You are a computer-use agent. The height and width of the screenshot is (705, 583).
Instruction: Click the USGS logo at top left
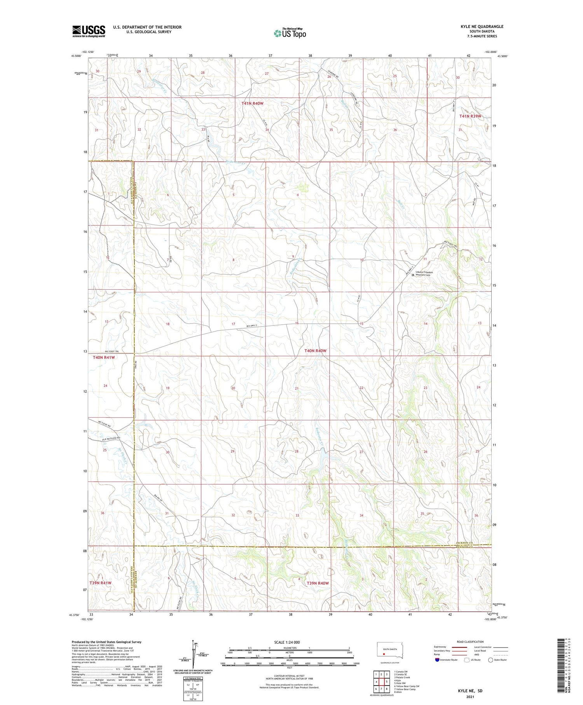pyautogui.click(x=89, y=31)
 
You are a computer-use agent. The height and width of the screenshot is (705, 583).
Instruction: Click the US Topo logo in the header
pyautogui.click(x=290, y=33)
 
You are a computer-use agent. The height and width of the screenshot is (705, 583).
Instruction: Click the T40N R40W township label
pyautogui.click(x=315, y=351)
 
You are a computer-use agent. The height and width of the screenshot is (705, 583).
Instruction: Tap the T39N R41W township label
pyautogui.click(x=100, y=583)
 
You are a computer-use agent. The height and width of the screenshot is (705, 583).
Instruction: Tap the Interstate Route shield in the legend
pyautogui.click(x=437, y=660)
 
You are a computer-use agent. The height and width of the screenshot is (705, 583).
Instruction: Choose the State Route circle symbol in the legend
pyautogui.click(x=490, y=660)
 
